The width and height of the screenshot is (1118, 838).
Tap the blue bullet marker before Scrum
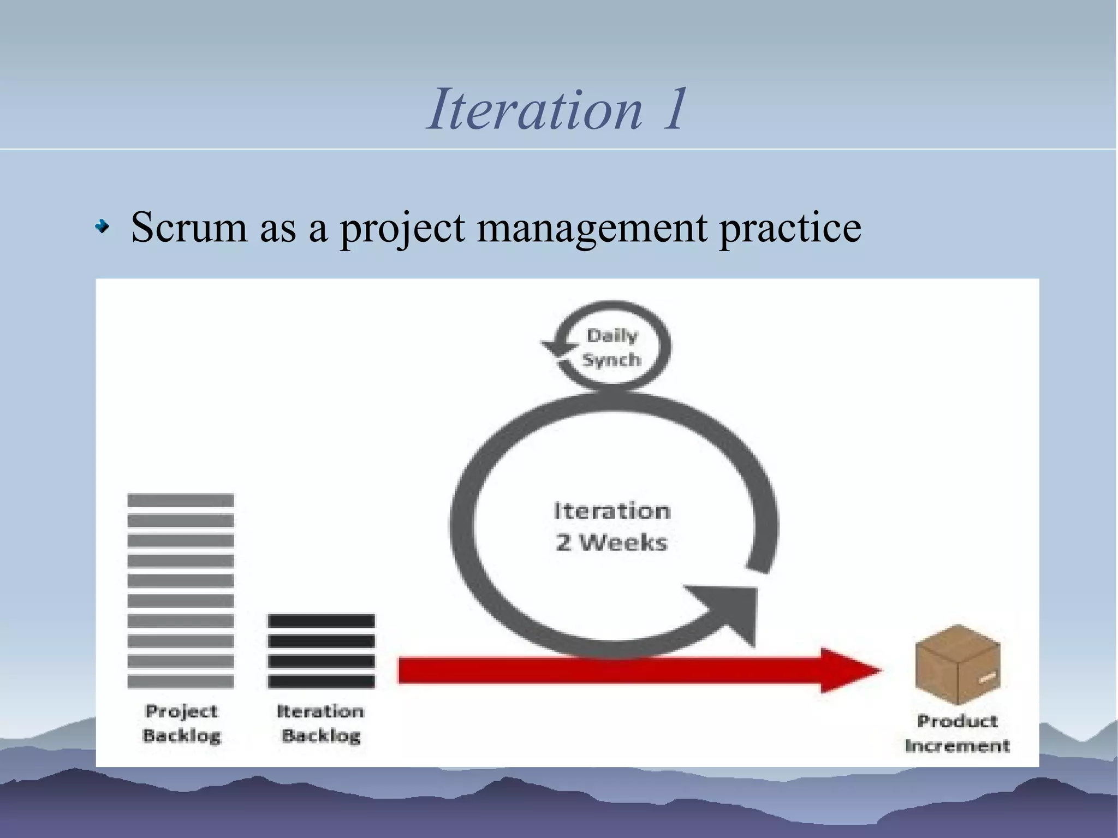102,226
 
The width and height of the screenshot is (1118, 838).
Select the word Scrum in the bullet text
189,227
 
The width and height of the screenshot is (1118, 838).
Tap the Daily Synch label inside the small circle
612,348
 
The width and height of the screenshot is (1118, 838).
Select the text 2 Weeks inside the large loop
612,543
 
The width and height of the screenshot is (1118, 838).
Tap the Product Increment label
958,733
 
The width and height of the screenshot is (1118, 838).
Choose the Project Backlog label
181,723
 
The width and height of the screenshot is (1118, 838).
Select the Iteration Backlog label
320,723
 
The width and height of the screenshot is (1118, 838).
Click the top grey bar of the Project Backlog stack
181,500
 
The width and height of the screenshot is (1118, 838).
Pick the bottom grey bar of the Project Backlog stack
181,681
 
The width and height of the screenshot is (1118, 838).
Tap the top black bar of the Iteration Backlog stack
321,621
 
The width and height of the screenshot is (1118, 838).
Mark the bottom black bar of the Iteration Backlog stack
321,681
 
